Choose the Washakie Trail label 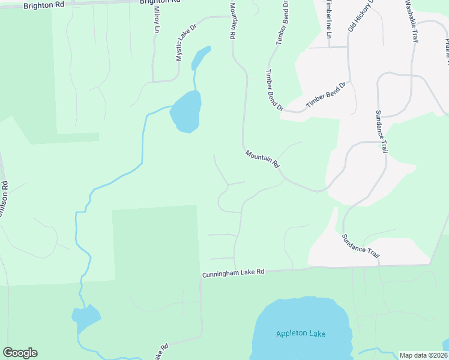411,21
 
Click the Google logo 20,353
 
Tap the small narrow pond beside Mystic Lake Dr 200,58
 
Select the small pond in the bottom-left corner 85,318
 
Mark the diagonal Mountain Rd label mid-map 263,158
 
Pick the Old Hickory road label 360,16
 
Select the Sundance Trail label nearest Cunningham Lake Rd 361,245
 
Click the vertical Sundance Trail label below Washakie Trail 382,131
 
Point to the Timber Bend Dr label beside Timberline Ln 283,23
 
